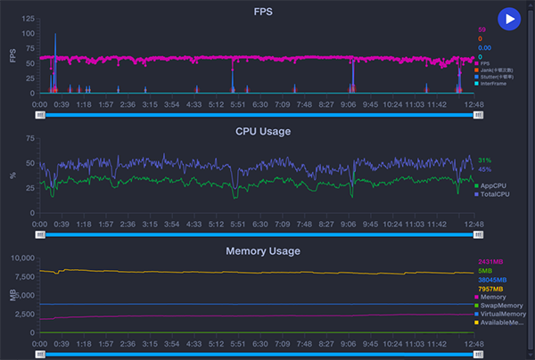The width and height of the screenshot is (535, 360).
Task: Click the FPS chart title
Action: [x=264, y=12]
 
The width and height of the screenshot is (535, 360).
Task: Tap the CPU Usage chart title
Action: [x=264, y=131]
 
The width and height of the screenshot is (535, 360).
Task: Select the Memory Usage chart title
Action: [x=264, y=251]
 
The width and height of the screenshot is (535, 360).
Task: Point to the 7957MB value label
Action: [x=491, y=289]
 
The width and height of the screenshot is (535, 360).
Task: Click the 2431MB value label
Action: [x=491, y=262]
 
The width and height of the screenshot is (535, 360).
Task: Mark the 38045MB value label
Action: [x=493, y=280]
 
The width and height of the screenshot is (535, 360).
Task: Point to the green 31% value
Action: [x=484, y=160]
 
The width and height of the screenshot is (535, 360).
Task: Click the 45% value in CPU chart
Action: [x=484, y=169]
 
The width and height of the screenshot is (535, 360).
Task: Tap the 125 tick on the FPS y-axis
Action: [x=29, y=19]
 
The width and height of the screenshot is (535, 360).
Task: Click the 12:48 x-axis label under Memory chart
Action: [x=474, y=343]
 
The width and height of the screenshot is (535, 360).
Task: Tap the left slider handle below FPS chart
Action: [x=40, y=114]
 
